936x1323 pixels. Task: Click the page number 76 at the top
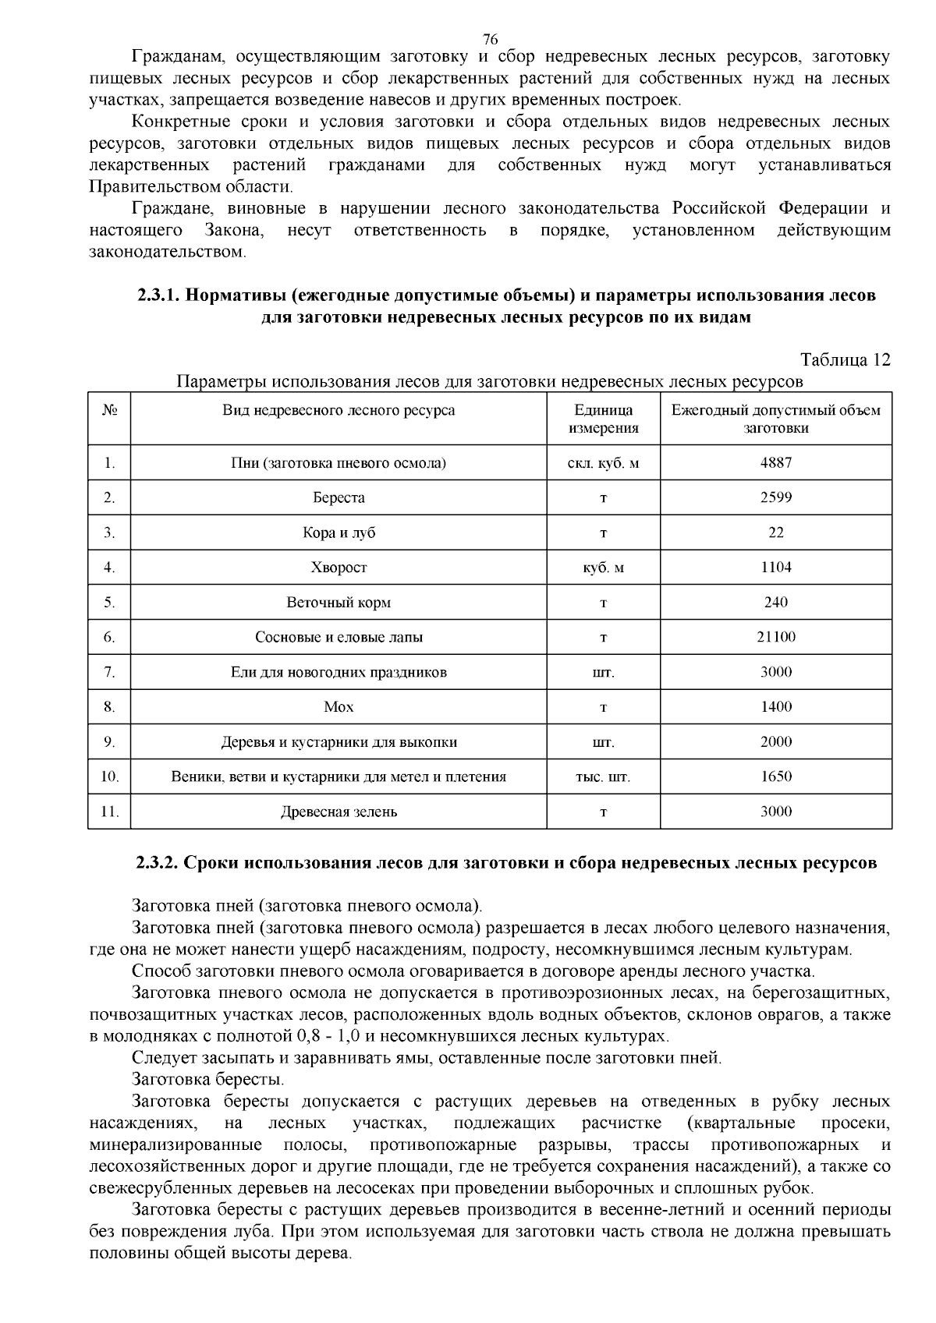tap(490, 39)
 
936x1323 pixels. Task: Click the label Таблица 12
tap(845, 360)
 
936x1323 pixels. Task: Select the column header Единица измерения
tap(603, 419)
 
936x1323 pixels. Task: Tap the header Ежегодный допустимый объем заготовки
tap(775, 419)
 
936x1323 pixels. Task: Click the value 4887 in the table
tap(775, 462)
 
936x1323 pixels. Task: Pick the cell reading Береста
tap(339, 497)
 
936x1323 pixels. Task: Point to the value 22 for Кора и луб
tap(775, 532)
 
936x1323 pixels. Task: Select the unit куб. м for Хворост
tap(603, 568)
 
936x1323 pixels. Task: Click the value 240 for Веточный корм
tap(775, 602)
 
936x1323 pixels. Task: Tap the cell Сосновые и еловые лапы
tap(339, 637)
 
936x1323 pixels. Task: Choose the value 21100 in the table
tap(775, 637)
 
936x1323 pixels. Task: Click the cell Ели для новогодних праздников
tap(339, 672)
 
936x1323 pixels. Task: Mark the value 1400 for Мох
tap(775, 707)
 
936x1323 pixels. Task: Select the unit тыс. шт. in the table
tap(603, 776)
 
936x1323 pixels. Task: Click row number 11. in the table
tap(109, 812)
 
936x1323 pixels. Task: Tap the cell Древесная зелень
tap(339, 812)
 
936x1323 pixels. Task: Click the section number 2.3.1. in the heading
tap(159, 296)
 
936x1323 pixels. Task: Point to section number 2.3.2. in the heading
tap(159, 863)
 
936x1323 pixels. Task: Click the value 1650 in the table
tap(775, 776)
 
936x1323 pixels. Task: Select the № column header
tap(109, 410)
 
